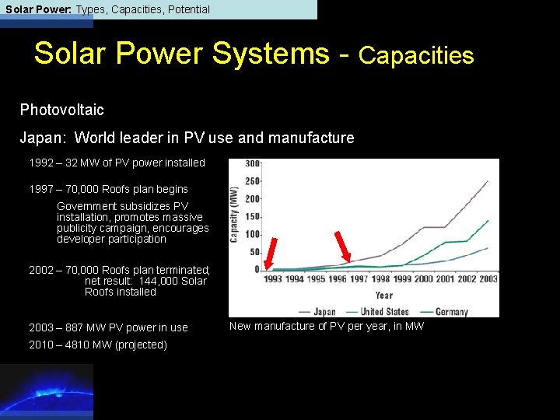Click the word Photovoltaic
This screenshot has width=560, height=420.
tap(61, 110)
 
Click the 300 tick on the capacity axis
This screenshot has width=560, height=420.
tap(254, 164)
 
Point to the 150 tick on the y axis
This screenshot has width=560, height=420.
tap(254, 217)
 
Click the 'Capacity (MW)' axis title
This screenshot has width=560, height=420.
tap(234, 214)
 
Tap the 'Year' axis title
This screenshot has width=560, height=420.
tap(384, 296)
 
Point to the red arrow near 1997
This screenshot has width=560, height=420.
tap(342, 247)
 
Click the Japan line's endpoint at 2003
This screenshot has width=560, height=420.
tap(488, 181)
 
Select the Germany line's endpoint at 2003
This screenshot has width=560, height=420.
tap(488, 220)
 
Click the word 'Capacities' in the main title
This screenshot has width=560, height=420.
tap(416, 55)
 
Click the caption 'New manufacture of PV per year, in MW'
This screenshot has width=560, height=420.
tap(327, 327)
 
